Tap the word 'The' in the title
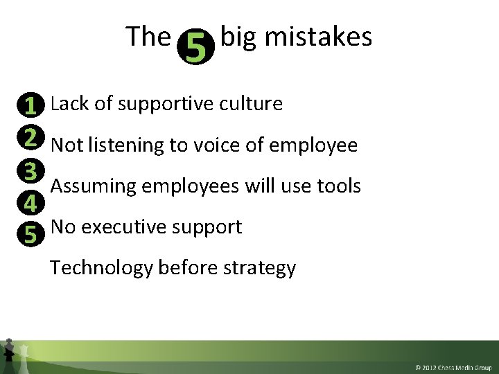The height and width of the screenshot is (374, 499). [x=148, y=37]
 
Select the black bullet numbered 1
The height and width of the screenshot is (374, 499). [x=30, y=105]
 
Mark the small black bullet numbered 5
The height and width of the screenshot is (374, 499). [x=30, y=235]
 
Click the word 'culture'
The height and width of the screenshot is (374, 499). [x=250, y=104]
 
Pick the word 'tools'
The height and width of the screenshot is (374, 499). [x=339, y=186]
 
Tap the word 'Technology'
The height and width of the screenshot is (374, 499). [x=102, y=267]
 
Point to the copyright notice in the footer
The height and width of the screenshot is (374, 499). [x=453, y=366]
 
